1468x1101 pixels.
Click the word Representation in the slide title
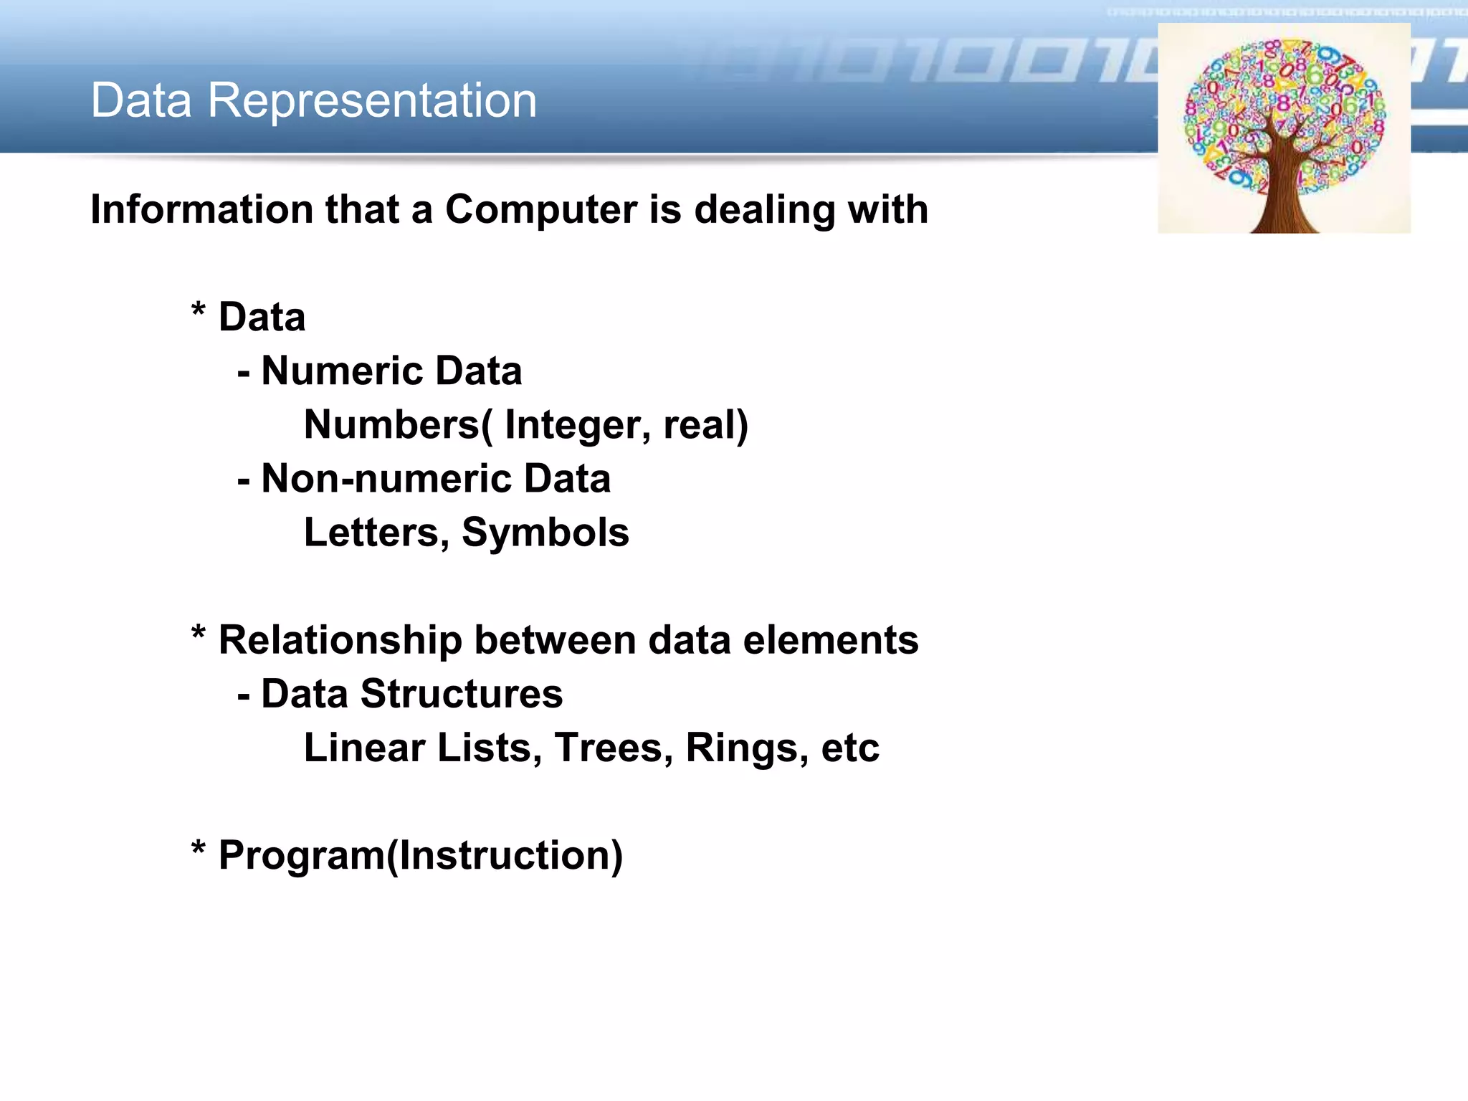click(x=372, y=100)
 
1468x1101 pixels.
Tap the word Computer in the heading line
click(x=541, y=210)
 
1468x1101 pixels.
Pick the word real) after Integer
click(x=705, y=425)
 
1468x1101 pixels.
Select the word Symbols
click(x=545, y=533)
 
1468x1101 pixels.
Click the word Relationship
click(x=340, y=640)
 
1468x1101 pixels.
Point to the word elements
click(x=831, y=640)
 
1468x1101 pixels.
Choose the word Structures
click(x=462, y=694)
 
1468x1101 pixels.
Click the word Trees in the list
click(x=614, y=748)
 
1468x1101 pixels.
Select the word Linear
click(x=365, y=748)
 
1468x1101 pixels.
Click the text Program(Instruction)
click(x=421, y=855)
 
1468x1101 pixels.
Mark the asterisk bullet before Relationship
click(x=199, y=634)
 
